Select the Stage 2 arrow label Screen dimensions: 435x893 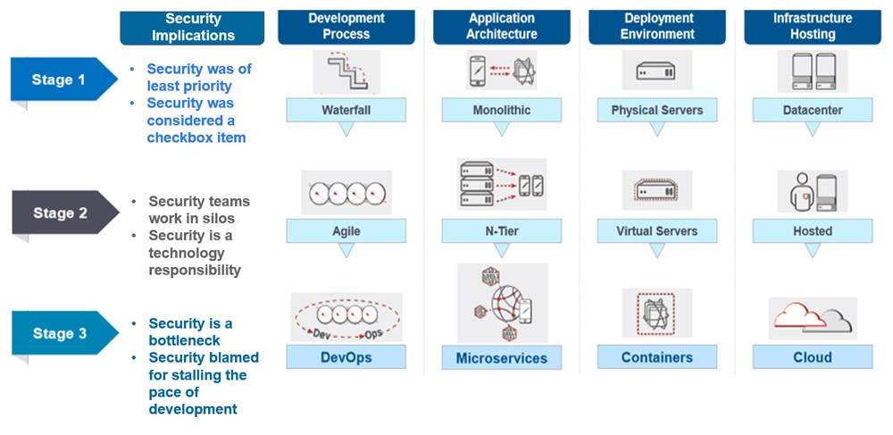[62, 213]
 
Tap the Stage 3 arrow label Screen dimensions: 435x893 [62, 334]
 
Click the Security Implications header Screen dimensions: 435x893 [192, 27]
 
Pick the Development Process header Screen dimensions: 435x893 [346, 26]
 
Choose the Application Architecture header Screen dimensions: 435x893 [502, 26]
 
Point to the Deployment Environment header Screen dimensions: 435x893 [658, 26]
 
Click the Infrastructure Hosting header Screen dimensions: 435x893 [813, 26]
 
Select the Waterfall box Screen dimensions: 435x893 [346, 111]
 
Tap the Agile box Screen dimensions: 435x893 [346, 231]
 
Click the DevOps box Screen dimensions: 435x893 [346, 357]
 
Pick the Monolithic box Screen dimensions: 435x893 [502, 111]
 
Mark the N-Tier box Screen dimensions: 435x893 [502, 231]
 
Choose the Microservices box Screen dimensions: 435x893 [502, 358]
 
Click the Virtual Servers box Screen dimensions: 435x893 [657, 231]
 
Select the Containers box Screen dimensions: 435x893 [657, 357]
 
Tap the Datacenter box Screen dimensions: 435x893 [813, 111]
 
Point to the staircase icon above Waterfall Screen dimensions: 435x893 [346, 71]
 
